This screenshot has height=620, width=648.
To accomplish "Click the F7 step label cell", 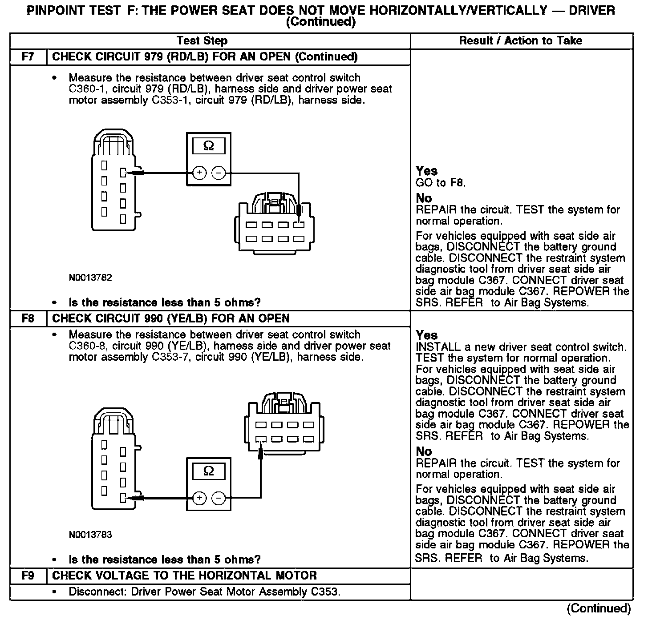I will [28, 57].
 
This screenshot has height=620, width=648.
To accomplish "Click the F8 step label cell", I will [28, 318].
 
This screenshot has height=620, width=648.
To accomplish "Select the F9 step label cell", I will [28, 576].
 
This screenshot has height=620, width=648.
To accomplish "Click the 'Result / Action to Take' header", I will [520, 41].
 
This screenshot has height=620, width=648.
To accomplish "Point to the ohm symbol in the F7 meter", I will [208, 146].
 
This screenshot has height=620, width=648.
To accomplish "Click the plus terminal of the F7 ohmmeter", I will [199, 173].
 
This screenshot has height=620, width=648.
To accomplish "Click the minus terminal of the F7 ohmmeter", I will [218, 173].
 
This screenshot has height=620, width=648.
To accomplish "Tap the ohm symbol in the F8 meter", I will [208, 471].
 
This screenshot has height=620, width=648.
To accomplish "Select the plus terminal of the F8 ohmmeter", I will [199, 498].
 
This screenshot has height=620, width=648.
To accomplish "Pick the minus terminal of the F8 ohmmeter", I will [218, 498].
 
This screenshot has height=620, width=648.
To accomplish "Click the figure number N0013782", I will [90, 278].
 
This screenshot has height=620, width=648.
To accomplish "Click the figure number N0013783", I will [90, 535].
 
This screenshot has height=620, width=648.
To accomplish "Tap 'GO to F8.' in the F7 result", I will [440, 183].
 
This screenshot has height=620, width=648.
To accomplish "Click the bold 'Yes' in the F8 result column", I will [426, 335].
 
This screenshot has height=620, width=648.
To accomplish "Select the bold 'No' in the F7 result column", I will [424, 198].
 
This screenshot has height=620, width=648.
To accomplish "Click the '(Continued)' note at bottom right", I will [599, 608].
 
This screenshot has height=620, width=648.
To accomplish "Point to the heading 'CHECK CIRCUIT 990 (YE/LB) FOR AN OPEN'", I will [170, 318].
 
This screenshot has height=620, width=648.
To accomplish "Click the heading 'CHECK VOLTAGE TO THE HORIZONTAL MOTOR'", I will [184, 576].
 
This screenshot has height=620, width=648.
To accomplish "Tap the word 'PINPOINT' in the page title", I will [57, 11].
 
